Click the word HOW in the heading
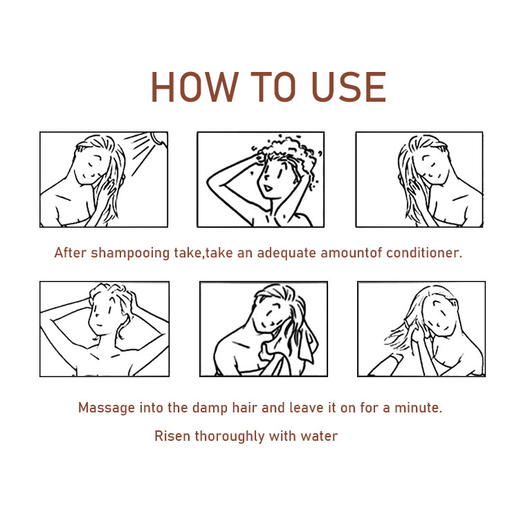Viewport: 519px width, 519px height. [194, 86]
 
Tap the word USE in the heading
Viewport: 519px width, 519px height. [349, 86]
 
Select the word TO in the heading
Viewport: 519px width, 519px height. [273, 86]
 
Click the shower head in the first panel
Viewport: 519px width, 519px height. [159, 138]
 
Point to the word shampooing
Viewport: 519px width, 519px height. [130, 253]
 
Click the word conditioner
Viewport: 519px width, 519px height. [424, 253]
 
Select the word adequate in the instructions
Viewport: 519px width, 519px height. [286, 253]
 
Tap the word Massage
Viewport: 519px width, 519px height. [107, 408]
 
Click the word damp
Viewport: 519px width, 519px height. [210, 408]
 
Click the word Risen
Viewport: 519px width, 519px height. [172, 436]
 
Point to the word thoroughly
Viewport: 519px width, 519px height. [229, 437]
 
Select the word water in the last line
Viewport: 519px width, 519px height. [319, 436]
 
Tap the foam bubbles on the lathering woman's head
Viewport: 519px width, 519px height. [287, 151]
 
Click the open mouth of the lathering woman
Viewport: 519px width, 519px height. [267, 188]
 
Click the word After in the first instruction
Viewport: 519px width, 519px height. [70, 253]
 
